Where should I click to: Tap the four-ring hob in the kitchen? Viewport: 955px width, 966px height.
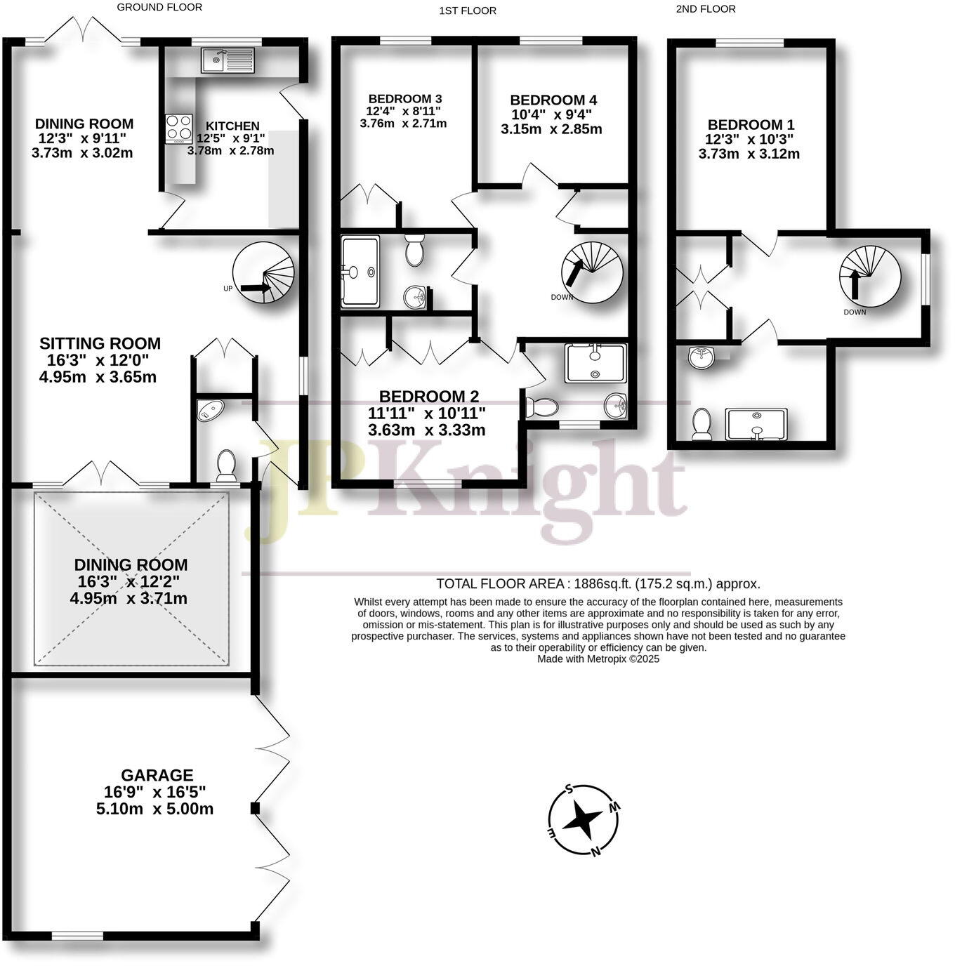click(178, 128)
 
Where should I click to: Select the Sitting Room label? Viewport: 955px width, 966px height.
click(100, 344)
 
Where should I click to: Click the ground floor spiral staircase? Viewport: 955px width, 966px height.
click(264, 272)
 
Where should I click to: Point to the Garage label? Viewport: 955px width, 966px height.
click(157, 776)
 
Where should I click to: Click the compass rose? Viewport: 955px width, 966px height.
click(584, 819)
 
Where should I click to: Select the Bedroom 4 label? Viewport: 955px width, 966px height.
click(553, 100)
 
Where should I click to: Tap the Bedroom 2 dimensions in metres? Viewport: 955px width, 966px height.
click(426, 430)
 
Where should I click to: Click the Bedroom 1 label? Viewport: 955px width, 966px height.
click(751, 124)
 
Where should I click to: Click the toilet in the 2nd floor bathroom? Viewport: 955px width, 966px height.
click(702, 424)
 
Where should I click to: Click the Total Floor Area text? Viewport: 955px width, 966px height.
click(598, 583)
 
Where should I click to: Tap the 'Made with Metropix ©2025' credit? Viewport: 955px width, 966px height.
click(598, 659)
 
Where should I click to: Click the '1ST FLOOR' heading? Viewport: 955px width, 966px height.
click(467, 11)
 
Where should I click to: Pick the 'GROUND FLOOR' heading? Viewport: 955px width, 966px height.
click(159, 7)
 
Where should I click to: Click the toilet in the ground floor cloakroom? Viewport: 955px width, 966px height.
click(226, 464)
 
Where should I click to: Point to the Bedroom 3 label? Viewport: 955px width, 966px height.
click(404, 99)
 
